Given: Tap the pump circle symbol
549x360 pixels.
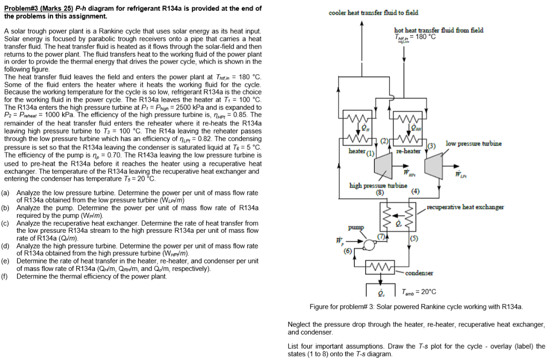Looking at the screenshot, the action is tap(368, 245).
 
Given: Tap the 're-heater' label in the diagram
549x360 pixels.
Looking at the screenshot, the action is tap(408, 152).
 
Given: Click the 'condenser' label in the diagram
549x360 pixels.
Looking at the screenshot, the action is tap(420, 273).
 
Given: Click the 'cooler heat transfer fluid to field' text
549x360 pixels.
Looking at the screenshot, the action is tap(373, 12).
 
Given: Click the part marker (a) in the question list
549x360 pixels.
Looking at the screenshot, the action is tap(5, 193).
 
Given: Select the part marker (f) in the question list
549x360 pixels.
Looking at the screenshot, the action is tap(5, 276).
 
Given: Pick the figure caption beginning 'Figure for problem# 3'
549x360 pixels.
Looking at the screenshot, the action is tap(416, 306).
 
